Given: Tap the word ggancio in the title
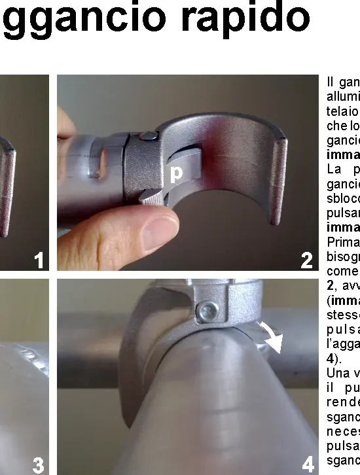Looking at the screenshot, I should click(85, 21).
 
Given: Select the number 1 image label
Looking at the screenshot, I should click(39, 262).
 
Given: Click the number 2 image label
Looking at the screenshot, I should click(306, 262).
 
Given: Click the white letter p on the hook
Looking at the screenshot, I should click(175, 174).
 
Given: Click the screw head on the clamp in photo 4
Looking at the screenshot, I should click(209, 308).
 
